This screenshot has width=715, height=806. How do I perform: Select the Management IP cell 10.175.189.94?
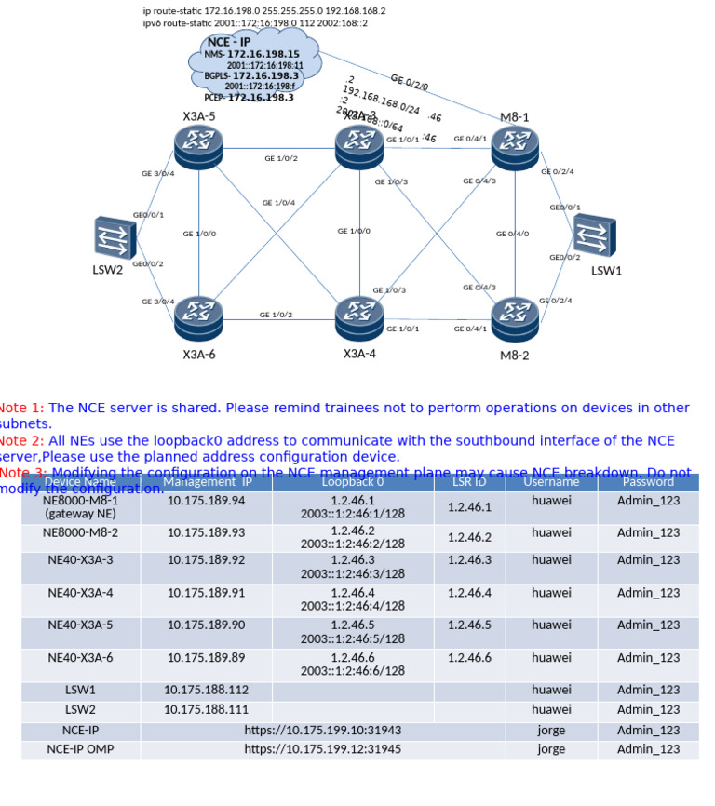point(206,501)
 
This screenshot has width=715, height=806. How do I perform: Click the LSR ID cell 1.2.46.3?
point(469,560)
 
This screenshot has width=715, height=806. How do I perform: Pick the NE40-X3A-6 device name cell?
point(80,658)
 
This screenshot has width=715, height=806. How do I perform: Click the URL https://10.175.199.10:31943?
point(323,731)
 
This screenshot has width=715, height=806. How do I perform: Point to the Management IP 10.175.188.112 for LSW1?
point(206,691)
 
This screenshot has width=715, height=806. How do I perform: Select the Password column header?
point(648,482)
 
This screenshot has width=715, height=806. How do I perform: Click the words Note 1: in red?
point(21,408)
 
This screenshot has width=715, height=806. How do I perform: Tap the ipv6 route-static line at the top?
point(254,23)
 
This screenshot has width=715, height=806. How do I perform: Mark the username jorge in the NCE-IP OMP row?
point(551,749)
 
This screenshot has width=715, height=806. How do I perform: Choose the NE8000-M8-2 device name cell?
point(80,533)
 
